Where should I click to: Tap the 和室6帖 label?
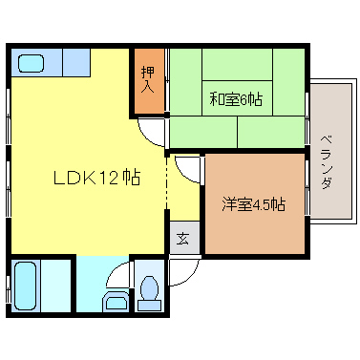pos(236,97)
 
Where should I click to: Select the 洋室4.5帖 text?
pos(253,204)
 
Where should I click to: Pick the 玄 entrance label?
pos(181,239)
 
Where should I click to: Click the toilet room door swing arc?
pos(118,275)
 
